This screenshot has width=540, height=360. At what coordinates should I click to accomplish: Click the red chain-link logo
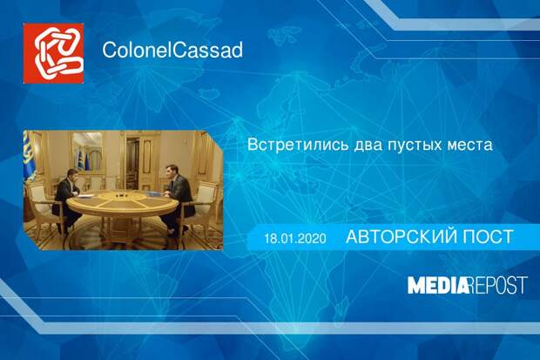[x=53, y=53]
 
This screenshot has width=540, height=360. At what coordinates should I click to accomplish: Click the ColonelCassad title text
[x=172, y=50]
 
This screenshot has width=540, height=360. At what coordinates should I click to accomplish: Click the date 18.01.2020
[x=295, y=238]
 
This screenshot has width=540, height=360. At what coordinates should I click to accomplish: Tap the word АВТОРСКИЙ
[x=401, y=237]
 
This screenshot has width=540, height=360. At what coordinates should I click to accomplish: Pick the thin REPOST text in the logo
[x=498, y=285]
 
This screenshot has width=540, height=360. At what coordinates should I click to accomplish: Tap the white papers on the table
[x=84, y=196]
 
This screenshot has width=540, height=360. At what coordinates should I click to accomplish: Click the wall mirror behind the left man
[x=87, y=152]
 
